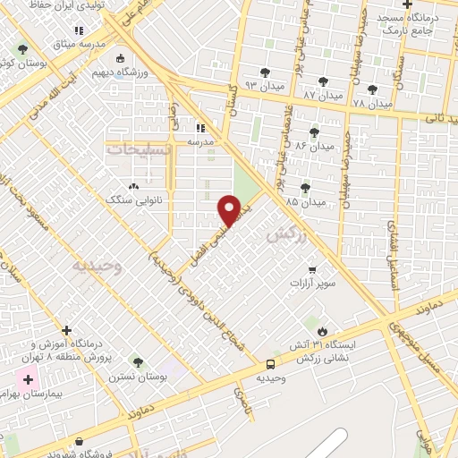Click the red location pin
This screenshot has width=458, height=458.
tap(229, 210)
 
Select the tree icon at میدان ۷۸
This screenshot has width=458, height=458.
tap(372, 89)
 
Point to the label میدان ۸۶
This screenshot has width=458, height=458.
tap(314, 144)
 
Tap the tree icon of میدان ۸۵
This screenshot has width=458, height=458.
tap(305, 188)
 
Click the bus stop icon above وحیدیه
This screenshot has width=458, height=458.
tap(270, 364)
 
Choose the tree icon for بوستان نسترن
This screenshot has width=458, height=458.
tap(138, 362)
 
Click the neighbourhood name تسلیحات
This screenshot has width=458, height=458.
tap(139, 149)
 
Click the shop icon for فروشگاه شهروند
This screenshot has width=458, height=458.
tap(81, 442)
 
